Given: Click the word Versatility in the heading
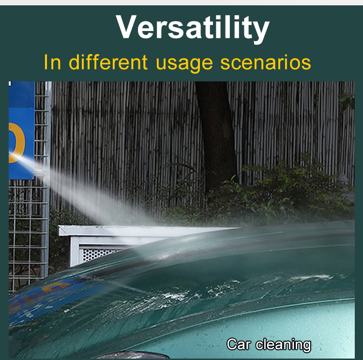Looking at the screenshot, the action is click(193, 28).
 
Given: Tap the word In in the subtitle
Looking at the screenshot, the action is click(52, 62).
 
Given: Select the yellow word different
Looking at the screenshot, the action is click(108, 62).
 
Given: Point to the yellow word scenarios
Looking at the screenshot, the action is click(266, 62).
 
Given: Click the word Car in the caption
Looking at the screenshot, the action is click(239, 344).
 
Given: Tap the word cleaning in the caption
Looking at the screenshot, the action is click(283, 345).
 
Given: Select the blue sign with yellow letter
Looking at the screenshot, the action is click(21, 130).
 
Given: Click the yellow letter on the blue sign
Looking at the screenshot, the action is click(16, 142).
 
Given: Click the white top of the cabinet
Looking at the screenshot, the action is click(148, 231).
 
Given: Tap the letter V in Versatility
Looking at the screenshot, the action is click(126, 27).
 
